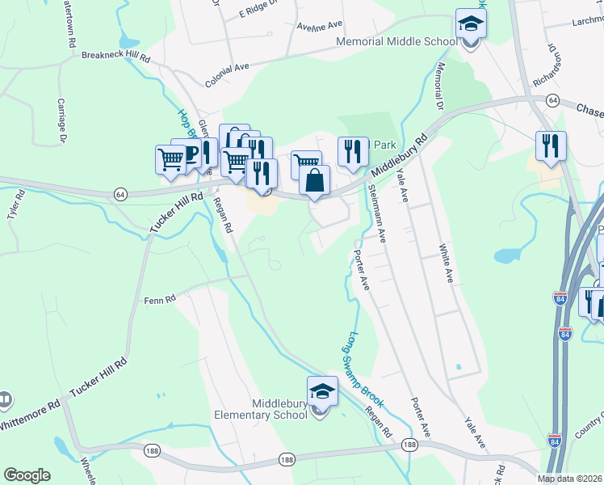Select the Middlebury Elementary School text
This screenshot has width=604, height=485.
pos(259,409)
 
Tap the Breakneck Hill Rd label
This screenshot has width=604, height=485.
pos(116,57)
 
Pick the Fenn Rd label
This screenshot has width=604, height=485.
pos(160,301)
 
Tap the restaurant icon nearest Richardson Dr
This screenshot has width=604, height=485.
pos(551,146)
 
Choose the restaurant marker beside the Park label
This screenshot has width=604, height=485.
pos(353,152)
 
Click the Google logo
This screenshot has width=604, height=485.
pos(27,475)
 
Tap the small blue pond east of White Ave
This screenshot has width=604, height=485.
pos(506,256)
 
